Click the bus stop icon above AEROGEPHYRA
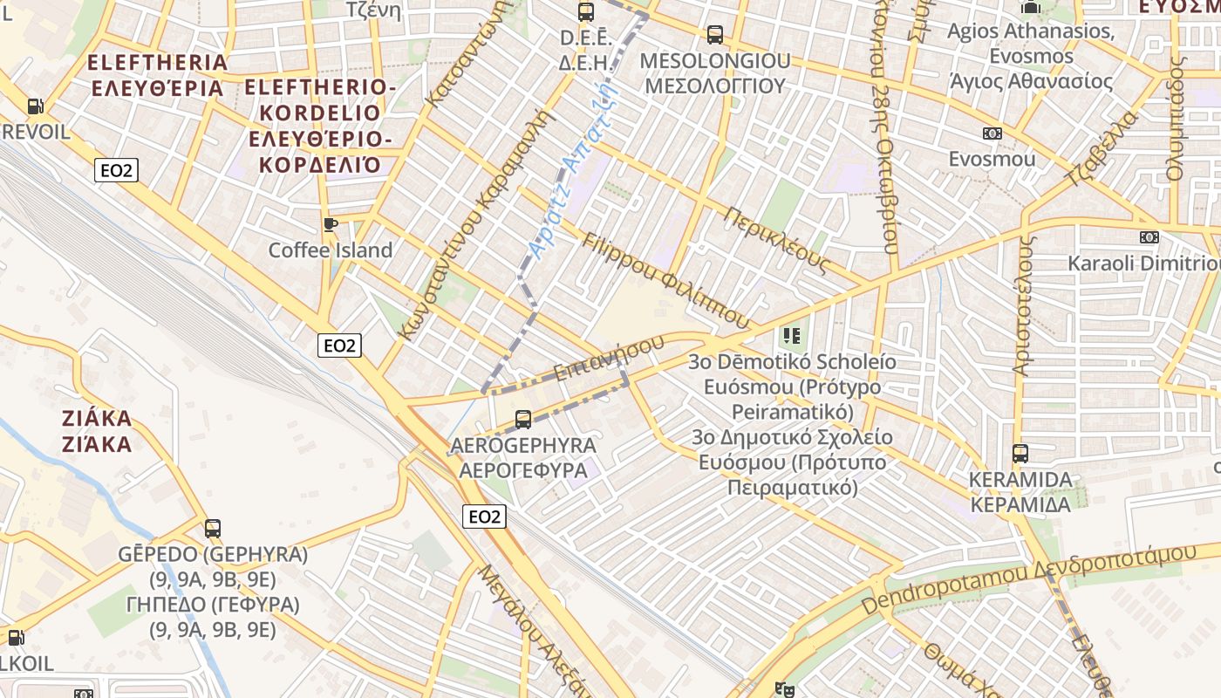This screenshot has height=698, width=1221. click(523, 420)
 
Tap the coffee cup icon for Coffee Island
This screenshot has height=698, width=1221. click(331, 224)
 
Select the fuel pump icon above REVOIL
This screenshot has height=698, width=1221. click(35, 106)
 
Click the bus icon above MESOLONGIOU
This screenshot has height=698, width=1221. click(715, 35)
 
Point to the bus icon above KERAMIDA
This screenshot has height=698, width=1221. click(1020, 454)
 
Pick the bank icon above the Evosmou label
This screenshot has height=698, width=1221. click(992, 133)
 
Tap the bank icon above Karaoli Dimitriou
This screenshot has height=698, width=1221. click(1149, 236)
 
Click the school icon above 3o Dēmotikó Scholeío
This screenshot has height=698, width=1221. click(791, 335)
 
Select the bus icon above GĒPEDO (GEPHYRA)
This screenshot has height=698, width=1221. click(213, 528)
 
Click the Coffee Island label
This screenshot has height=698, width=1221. click(331, 250)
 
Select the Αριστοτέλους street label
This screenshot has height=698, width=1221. click(1023, 305)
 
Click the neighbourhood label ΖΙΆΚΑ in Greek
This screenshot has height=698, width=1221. click(97, 444)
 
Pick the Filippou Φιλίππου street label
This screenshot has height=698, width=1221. click(665, 280)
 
